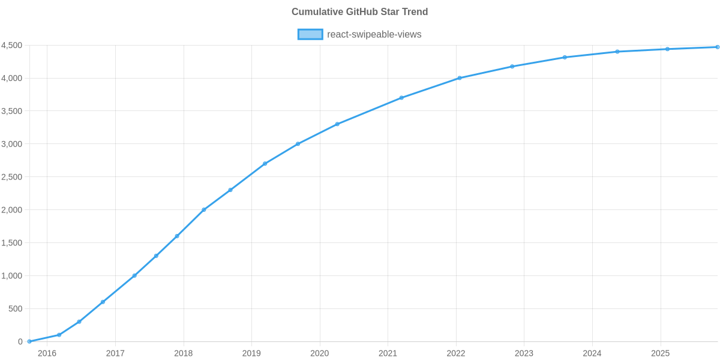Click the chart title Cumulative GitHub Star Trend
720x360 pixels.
pyautogui.click(x=359, y=12)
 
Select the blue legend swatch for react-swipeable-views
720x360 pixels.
pyautogui.click(x=310, y=34)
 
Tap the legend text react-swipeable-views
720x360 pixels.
pyautogui.click(x=374, y=34)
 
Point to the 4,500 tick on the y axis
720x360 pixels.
pyautogui.click(x=12, y=46)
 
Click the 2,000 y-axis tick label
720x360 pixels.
pyautogui.click(x=12, y=210)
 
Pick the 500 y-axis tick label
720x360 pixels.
pyautogui.click(x=16, y=308)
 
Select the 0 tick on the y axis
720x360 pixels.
pyautogui.click(x=20, y=341)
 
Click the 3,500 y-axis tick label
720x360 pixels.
pyautogui.click(x=12, y=111)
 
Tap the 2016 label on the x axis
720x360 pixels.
pyautogui.click(x=47, y=353)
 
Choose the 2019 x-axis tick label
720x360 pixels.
pyautogui.click(x=251, y=353)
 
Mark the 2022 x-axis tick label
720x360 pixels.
pyautogui.click(x=456, y=353)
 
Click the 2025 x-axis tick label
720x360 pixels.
pyautogui.click(x=661, y=353)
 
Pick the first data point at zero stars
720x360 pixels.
pyautogui.click(x=29, y=341)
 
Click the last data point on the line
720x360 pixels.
pyautogui.click(x=717, y=47)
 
